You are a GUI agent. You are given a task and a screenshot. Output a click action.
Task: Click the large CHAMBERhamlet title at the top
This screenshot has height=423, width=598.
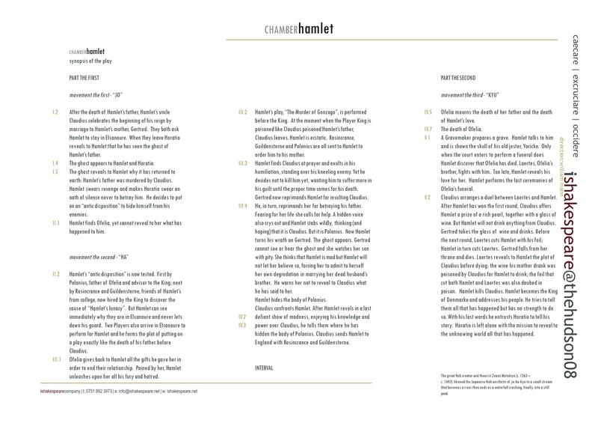click(x=298, y=30)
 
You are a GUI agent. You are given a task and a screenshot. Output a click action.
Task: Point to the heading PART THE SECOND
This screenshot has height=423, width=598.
click(x=458, y=78)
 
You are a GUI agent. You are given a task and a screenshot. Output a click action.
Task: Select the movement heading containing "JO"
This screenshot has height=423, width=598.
click(x=94, y=95)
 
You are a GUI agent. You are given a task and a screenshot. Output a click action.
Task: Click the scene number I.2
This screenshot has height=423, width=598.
click(x=55, y=112)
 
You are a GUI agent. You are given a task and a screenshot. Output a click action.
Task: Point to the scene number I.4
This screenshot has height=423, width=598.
click(x=55, y=161)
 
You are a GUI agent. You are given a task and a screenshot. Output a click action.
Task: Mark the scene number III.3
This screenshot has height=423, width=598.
click(x=242, y=161)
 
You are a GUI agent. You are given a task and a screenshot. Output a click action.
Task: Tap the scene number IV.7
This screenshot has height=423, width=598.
click(x=428, y=129)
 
